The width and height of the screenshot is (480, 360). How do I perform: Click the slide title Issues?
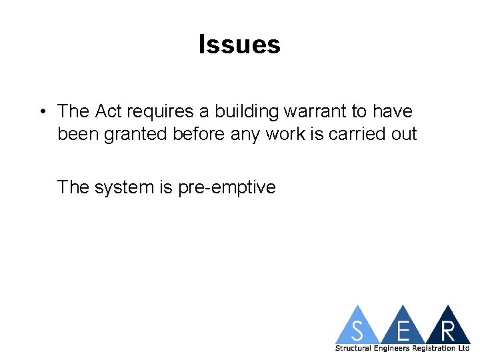(x=239, y=45)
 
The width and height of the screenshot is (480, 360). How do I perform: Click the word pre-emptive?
(x=227, y=188)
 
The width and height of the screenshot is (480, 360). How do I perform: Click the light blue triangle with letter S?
(x=359, y=328)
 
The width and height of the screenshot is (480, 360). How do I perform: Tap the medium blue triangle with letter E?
(x=403, y=328)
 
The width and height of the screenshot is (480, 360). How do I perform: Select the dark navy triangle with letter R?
(x=447, y=328)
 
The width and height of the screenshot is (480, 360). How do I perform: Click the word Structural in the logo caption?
(x=353, y=349)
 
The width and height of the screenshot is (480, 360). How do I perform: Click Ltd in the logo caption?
(x=464, y=349)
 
